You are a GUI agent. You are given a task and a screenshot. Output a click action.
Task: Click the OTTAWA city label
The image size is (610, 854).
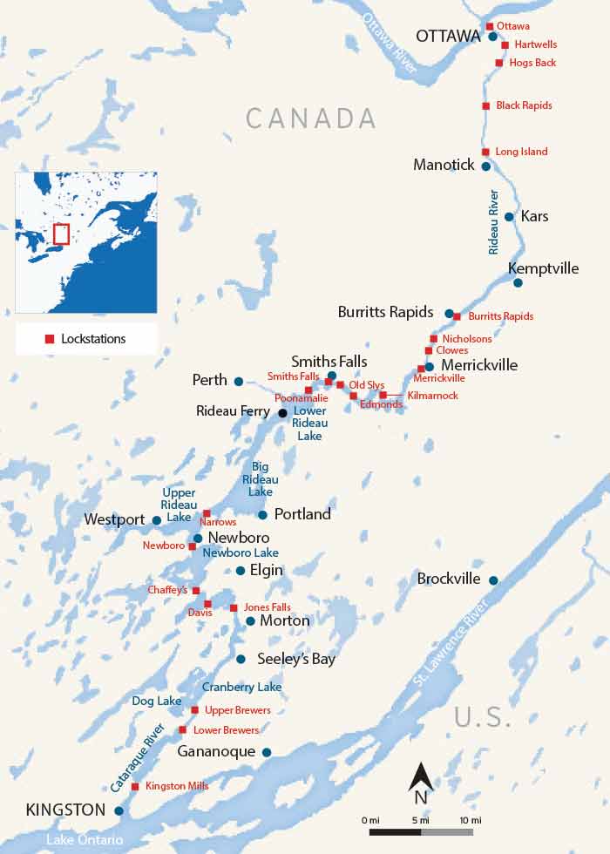point(448,37)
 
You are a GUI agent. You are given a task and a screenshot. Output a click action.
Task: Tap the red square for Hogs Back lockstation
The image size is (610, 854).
point(499,63)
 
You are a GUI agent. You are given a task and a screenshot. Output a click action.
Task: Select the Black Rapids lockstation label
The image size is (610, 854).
point(524,105)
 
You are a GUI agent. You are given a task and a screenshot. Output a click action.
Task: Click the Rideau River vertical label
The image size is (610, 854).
point(493,221)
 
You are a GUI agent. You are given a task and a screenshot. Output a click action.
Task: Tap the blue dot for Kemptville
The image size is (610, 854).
point(518,282)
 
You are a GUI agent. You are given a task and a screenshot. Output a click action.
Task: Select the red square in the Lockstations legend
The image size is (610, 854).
point(50,339)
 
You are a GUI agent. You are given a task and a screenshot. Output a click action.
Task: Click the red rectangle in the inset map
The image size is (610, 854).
point(61,234)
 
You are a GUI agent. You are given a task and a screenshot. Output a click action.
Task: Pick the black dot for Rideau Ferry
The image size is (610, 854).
point(281,413)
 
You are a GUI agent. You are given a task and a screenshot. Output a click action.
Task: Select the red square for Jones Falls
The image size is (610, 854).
point(234,608)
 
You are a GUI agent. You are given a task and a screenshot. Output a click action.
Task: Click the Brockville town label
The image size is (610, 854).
point(448,579)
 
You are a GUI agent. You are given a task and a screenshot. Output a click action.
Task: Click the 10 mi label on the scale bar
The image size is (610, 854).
point(471,821)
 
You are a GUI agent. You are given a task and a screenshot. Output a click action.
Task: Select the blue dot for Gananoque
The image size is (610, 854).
point(267,752)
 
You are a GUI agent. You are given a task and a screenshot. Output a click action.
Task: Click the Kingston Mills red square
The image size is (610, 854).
point(135,787)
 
